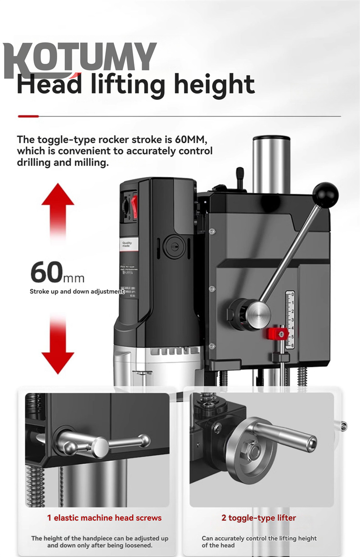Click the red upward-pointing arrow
pos(58,211)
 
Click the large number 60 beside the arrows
pos(46,272)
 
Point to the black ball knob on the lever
pos(325,194)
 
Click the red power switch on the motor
pos(134,208)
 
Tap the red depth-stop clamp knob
pos(276,333)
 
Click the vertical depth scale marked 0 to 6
pos(290,319)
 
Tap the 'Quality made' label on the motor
pos(128,244)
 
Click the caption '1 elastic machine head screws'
pos(104,518)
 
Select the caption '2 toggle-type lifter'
pos(259,518)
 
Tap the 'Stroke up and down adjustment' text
pos(76,291)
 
